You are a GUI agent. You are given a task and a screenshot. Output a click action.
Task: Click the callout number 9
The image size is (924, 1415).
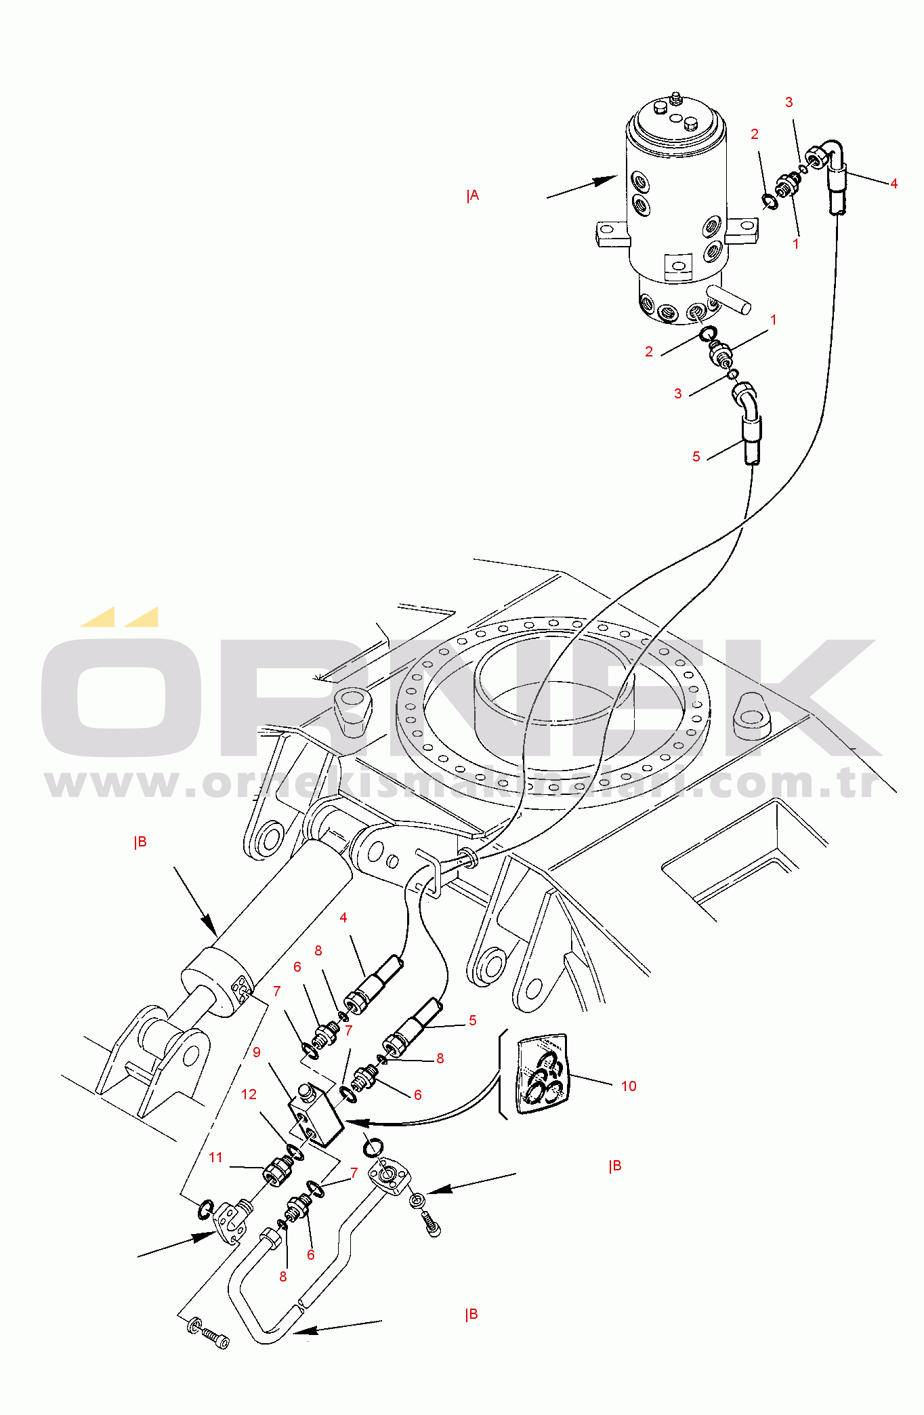(x=256, y=1052)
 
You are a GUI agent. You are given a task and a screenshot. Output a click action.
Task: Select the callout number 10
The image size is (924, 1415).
(x=629, y=1086)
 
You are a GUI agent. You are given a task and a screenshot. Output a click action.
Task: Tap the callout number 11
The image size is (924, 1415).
(x=215, y=1157)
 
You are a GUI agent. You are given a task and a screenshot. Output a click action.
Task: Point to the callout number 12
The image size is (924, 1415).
(x=249, y=1094)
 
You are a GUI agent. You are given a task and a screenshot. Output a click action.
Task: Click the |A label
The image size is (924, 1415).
(x=473, y=196)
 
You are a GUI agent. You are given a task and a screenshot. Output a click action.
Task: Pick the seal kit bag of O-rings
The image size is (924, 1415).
(x=542, y=1074)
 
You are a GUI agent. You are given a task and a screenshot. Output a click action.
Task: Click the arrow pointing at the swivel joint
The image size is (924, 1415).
(x=582, y=187)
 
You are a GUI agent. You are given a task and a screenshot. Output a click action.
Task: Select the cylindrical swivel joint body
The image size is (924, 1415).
(x=676, y=210)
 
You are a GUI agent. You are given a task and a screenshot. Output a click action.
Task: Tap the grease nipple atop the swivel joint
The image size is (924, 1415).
(x=675, y=99)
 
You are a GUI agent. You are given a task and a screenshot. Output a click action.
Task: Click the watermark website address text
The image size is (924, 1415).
(x=462, y=784)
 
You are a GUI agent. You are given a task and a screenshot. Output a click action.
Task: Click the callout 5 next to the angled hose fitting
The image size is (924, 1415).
(x=696, y=457)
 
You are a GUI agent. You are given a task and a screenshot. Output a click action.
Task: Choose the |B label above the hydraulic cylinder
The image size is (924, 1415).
(x=140, y=842)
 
